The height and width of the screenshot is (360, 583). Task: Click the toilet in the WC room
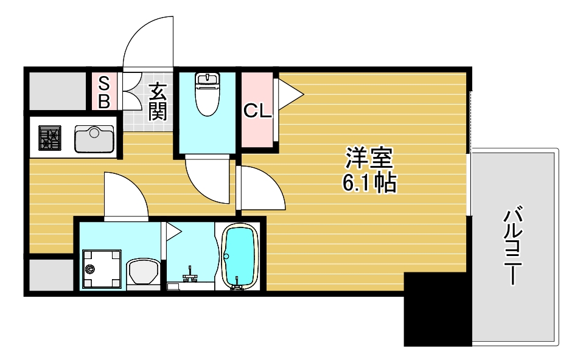pos(208,94)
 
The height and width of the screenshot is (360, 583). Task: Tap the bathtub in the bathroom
pos(240,257)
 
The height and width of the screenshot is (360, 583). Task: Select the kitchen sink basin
pos(94,139)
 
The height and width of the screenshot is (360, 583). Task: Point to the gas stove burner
pos(50,138)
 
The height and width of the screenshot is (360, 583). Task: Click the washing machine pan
pos(102,269)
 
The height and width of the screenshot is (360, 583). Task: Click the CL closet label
pos(257,110)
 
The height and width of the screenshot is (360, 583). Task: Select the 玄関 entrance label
pos(158,102)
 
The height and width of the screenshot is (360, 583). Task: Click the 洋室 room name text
pos(369,158)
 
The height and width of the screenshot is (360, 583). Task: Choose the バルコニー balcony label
pos(513,245)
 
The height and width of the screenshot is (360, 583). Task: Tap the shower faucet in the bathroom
pos(190,275)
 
